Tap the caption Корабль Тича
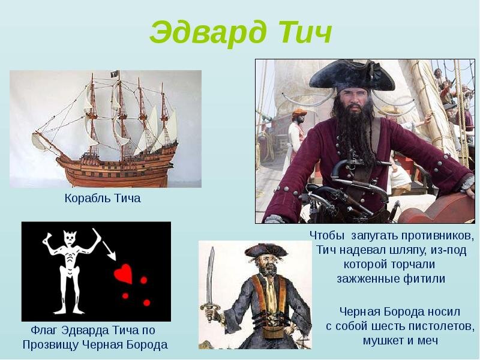103,199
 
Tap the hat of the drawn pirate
264,251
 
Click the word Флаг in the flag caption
44,331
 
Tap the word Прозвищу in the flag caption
49,345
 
